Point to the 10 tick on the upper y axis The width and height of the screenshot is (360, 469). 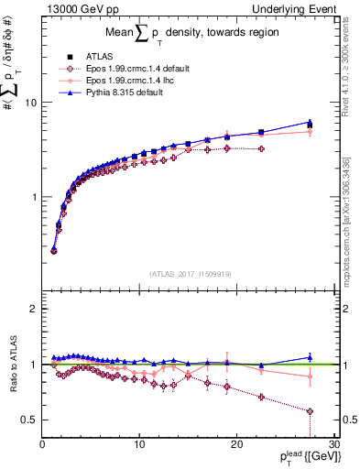click(x=31, y=103)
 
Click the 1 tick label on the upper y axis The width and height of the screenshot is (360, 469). click(x=34, y=197)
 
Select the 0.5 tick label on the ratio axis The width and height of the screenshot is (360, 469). click(x=29, y=420)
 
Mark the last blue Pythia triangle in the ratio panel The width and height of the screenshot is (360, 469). click(x=310, y=357)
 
